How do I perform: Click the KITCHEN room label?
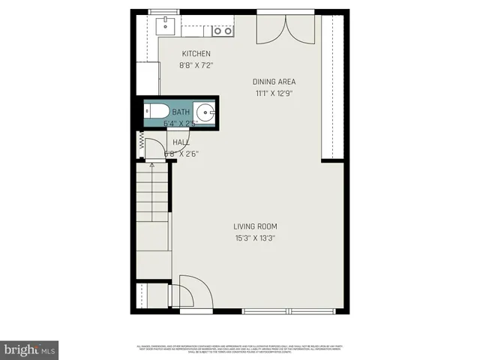tap(196, 54)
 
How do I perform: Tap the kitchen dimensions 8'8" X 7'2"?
tap(196, 65)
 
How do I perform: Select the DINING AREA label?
tap(274, 82)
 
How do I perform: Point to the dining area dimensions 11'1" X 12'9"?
tap(273, 94)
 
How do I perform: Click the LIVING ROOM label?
tap(256, 226)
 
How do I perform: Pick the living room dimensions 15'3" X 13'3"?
tap(256, 238)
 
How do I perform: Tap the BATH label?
tap(181, 112)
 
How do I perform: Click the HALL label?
tap(181, 142)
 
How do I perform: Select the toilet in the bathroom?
tap(156, 113)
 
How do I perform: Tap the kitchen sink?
tap(166, 27)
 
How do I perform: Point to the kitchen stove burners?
tap(221, 31)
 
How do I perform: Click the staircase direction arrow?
tap(152, 162)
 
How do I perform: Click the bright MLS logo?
tap(30, 349)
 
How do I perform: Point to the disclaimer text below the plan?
tap(240, 348)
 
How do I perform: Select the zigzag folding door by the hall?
tap(140, 143)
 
